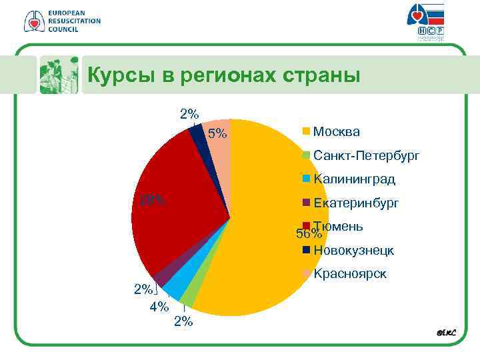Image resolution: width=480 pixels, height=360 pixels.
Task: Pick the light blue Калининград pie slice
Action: click(175, 287)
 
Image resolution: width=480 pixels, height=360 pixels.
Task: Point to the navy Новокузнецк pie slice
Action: click(197, 133)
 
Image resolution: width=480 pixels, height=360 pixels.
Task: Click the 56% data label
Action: click(309, 234)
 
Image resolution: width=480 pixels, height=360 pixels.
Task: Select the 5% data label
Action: click(217, 135)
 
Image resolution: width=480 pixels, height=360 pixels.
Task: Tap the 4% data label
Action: click(159, 307)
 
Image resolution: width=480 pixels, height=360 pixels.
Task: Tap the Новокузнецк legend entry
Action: click(353, 251)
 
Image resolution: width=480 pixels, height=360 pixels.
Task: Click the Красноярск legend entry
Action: click(349, 274)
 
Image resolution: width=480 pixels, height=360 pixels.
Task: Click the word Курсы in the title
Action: click(121, 75)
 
